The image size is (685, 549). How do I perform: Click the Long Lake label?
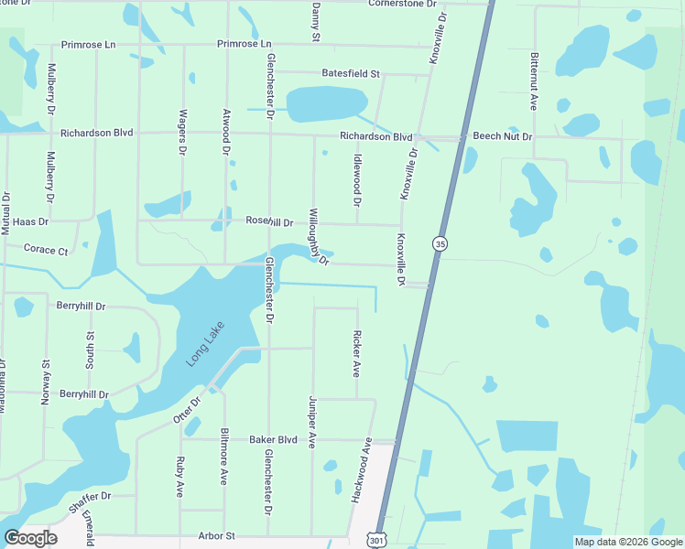pyautogui.click(x=205, y=344)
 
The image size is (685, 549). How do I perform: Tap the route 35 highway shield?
pyautogui.click(x=440, y=243)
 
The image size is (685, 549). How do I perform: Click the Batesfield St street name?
pyautogui.click(x=350, y=72)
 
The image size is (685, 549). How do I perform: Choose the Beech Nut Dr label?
pyautogui.click(x=502, y=136)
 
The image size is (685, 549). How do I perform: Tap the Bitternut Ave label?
pyautogui.click(x=534, y=81)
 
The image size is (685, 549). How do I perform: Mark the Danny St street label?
pyautogui.click(x=315, y=23)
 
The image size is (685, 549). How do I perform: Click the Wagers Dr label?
pyautogui.click(x=183, y=132)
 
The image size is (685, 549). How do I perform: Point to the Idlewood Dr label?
pyautogui.click(x=357, y=179)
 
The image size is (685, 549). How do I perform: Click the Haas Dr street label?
pyautogui.click(x=31, y=221)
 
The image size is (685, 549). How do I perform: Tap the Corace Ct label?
pyautogui.click(x=46, y=249)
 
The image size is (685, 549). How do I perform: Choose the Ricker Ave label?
pyautogui.click(x=356, y=353)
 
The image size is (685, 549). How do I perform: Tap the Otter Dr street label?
pyautogui.click(x=186, y=409)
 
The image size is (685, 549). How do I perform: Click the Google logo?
pyautogui.click(x=31, y=538)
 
